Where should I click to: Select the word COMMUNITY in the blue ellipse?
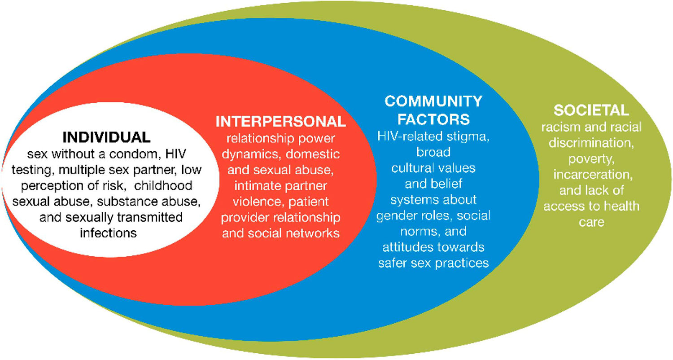coord(433,101)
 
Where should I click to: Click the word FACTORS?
coord(433,119)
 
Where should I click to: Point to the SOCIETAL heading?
coord(591,110)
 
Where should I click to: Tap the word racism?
coord(561,127)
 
